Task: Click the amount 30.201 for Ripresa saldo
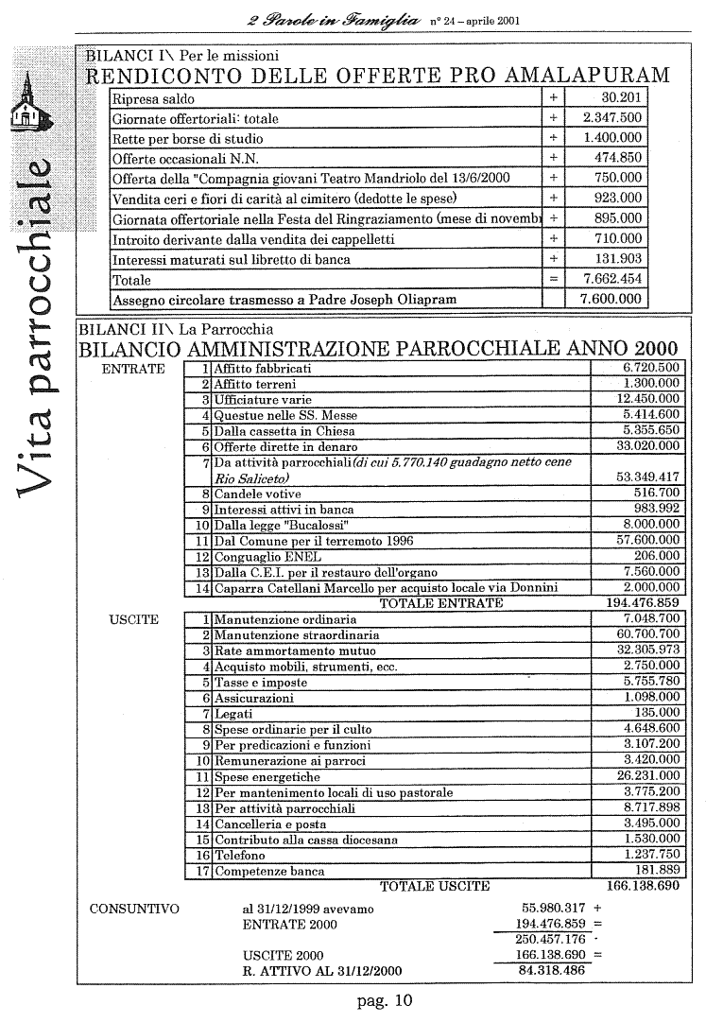[x=621, y=98]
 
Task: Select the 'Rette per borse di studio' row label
[x=187, y=138]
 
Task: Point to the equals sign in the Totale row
[x=553, y=280]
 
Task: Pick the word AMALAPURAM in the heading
[x=577, y=76]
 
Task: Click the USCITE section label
[x=134, y=620]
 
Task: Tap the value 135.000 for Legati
[x=657, y=713]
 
